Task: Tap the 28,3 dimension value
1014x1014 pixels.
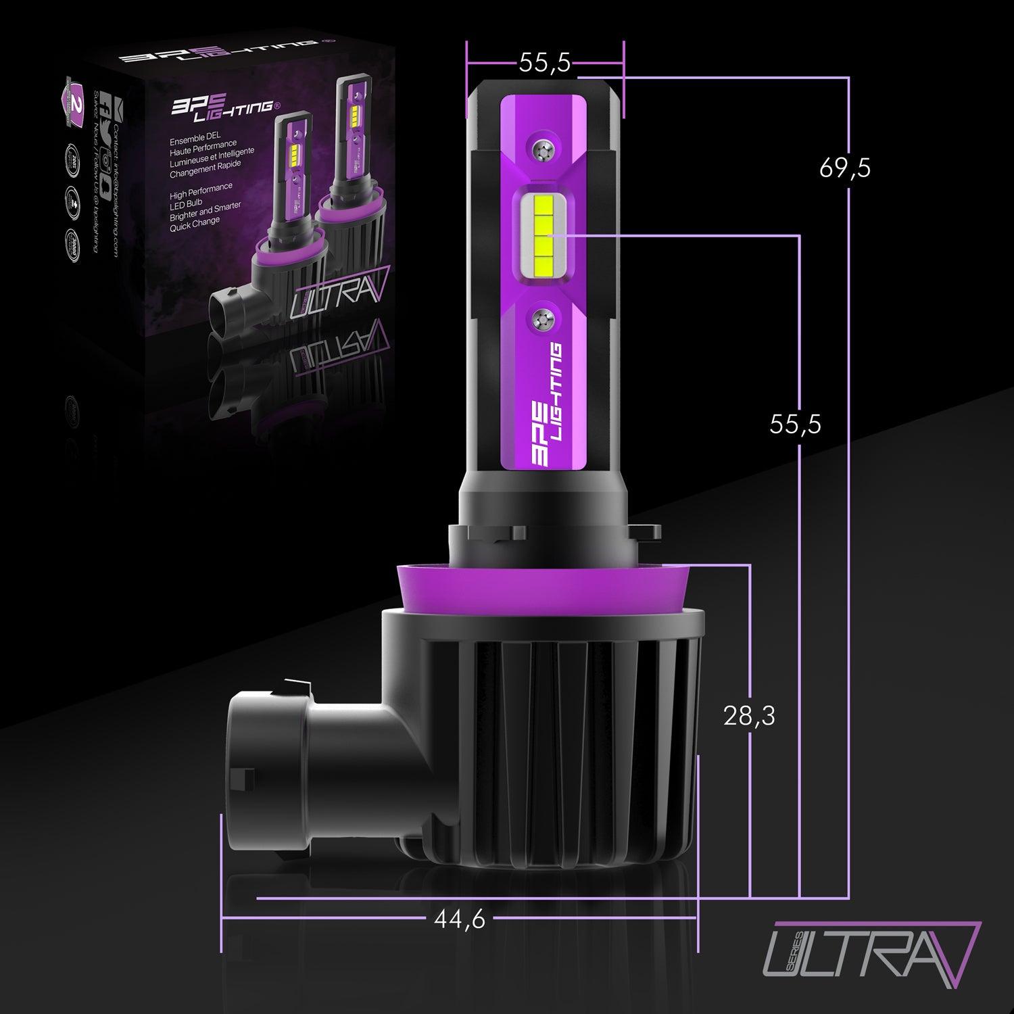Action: [749, 716]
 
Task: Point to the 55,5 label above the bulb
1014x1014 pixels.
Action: [545, 63]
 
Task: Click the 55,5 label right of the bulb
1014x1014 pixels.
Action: [796, 424]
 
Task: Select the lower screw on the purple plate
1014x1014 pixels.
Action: [544, 316]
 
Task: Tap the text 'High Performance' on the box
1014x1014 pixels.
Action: [201, 187]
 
